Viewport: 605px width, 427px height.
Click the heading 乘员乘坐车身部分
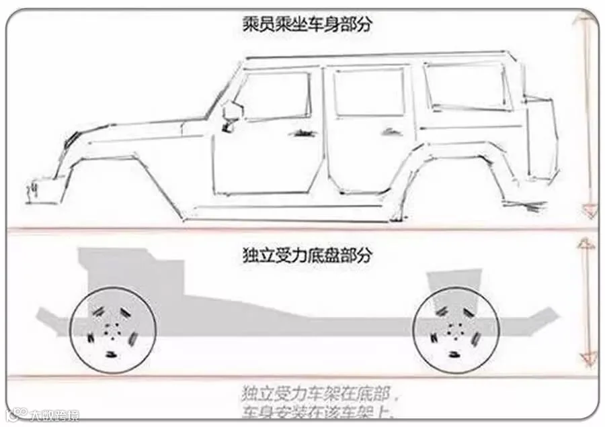[x=307, y=26]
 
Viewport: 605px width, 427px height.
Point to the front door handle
[x=301, y=132]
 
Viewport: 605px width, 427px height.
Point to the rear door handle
[x=389, y=132]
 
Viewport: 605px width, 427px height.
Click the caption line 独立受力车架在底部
[x=323, y=391]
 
